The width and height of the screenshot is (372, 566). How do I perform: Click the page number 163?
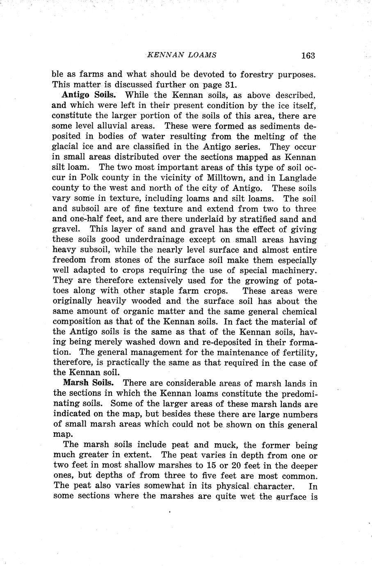coord(307,55)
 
